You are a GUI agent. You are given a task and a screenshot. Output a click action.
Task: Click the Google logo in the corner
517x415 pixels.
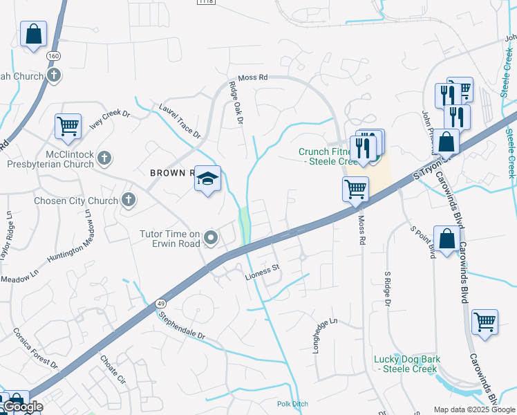tap(22, 407)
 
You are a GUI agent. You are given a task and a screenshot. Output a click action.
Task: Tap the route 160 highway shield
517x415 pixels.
tap(53, 55)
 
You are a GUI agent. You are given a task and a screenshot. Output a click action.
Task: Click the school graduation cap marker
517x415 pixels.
tap(207, 179)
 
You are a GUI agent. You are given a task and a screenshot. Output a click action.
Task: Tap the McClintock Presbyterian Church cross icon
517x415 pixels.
tap(104, 158)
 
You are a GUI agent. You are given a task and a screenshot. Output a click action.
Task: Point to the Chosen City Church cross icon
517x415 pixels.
tap(128, 201)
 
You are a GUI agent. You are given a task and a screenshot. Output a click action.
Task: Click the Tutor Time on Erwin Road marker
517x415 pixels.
tap(211, 239)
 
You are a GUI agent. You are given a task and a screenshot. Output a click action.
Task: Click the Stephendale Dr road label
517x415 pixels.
tap(182, 325)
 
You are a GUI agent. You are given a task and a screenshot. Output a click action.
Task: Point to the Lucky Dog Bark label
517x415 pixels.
tap(406, 364)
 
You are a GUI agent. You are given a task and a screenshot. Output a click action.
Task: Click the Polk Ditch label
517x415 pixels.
tap(292, 404)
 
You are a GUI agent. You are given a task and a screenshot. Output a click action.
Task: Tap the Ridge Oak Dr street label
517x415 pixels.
tap(236, 103)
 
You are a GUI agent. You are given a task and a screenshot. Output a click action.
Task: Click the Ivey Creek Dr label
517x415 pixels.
tap(110, 120)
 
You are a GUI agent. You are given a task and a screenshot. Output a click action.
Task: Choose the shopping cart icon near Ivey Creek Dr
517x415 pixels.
tap(68, 126)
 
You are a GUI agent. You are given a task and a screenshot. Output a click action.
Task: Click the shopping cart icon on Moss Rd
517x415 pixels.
tap(355, 188)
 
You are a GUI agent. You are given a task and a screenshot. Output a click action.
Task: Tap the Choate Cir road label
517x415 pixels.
tap(113, 370)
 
